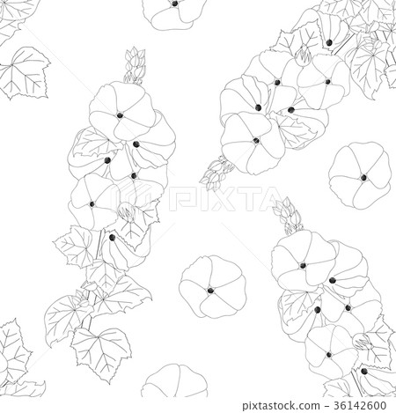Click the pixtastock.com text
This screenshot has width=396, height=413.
click(x=281, y=406)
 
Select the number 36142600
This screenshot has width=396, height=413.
click(x=360, y=405)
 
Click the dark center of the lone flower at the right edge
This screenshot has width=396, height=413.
click(x=363, y=177)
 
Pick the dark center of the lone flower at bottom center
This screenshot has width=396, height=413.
click(x=210, y=291)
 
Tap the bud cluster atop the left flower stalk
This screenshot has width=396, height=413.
click(x=135, y=67)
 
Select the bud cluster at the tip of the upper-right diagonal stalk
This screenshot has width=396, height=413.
click(x=216, y=173)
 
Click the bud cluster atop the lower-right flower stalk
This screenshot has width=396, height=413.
click(x=287, y=215)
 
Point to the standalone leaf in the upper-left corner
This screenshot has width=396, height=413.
click(x=25, y=72)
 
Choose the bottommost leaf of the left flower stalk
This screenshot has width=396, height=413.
click(x=101, y=352)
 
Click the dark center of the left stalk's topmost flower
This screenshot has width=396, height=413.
click(x=120, y=115)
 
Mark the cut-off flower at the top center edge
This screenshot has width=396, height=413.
click(x=175, y=14)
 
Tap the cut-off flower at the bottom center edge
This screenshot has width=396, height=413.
click(x=174, y=380)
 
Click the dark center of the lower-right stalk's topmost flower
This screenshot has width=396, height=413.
click(x=303, y=266)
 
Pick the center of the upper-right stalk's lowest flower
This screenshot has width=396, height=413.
click(x=256, y=141)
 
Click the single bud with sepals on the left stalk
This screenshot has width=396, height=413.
click(x=127, y=212)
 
